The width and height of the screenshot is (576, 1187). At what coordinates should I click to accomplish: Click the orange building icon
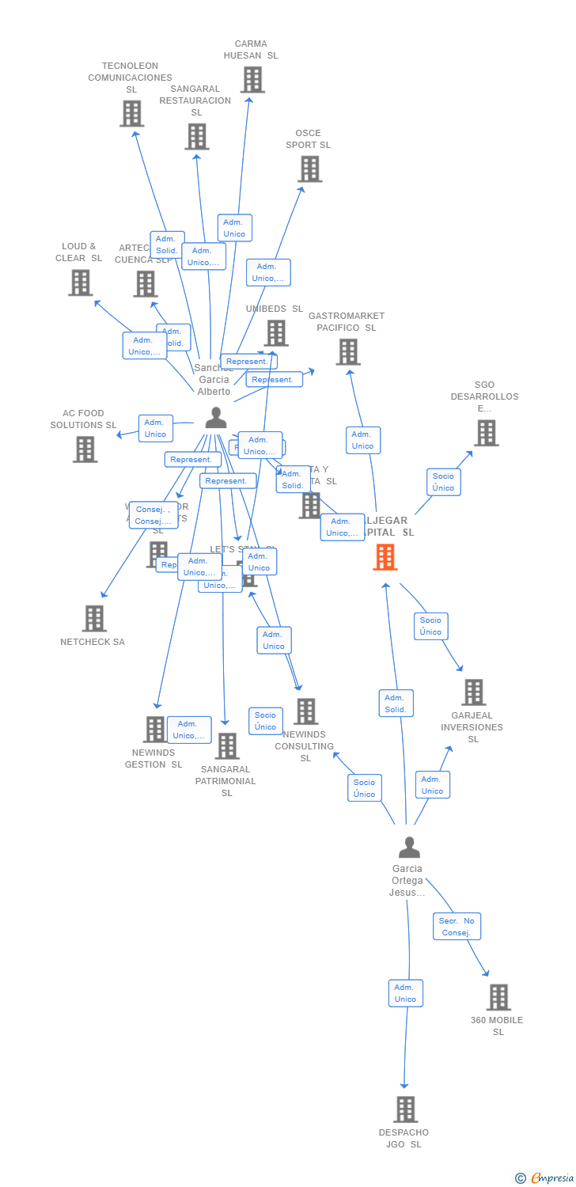385,556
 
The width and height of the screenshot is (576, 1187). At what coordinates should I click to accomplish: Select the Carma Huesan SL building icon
252,79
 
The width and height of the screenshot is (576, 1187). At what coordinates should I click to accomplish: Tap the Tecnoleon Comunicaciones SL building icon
131,113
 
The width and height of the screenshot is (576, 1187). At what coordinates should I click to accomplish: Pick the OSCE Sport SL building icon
309,169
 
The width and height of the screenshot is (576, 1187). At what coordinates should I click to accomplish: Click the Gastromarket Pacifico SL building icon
347,351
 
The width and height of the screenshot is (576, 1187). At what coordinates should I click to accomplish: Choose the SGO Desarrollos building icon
486,433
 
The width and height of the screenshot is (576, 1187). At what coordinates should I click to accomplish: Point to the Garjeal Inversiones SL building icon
473,692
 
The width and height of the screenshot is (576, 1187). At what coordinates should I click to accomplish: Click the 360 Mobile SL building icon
498,997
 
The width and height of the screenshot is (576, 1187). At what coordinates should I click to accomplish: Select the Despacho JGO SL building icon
405,1109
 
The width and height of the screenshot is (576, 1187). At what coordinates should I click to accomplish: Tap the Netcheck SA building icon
93,618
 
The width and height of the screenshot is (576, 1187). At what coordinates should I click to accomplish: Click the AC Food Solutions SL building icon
85,449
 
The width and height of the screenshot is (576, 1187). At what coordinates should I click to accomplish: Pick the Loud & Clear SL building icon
80,283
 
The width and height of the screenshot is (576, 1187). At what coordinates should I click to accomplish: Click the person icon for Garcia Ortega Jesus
409,848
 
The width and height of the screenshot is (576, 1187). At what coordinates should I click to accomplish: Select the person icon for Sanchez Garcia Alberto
215,417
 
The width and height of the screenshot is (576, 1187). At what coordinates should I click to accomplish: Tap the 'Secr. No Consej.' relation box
457,927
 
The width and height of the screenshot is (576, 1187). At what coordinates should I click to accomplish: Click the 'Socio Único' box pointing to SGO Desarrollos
443,482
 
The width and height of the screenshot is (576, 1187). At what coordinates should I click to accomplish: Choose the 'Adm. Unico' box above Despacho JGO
405,993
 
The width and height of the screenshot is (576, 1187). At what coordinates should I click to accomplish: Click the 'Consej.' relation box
153,515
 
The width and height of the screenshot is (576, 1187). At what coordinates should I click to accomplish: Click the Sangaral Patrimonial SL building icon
226,745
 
